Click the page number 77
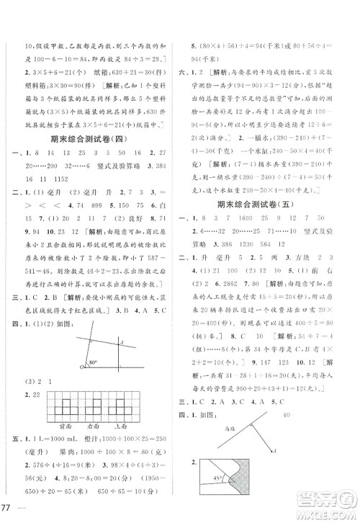click(x=11, y=509)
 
